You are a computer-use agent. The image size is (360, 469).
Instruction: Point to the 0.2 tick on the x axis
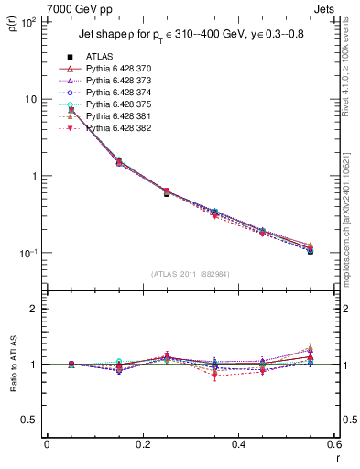[142, 444]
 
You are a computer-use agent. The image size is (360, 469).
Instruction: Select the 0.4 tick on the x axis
[237, 444]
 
